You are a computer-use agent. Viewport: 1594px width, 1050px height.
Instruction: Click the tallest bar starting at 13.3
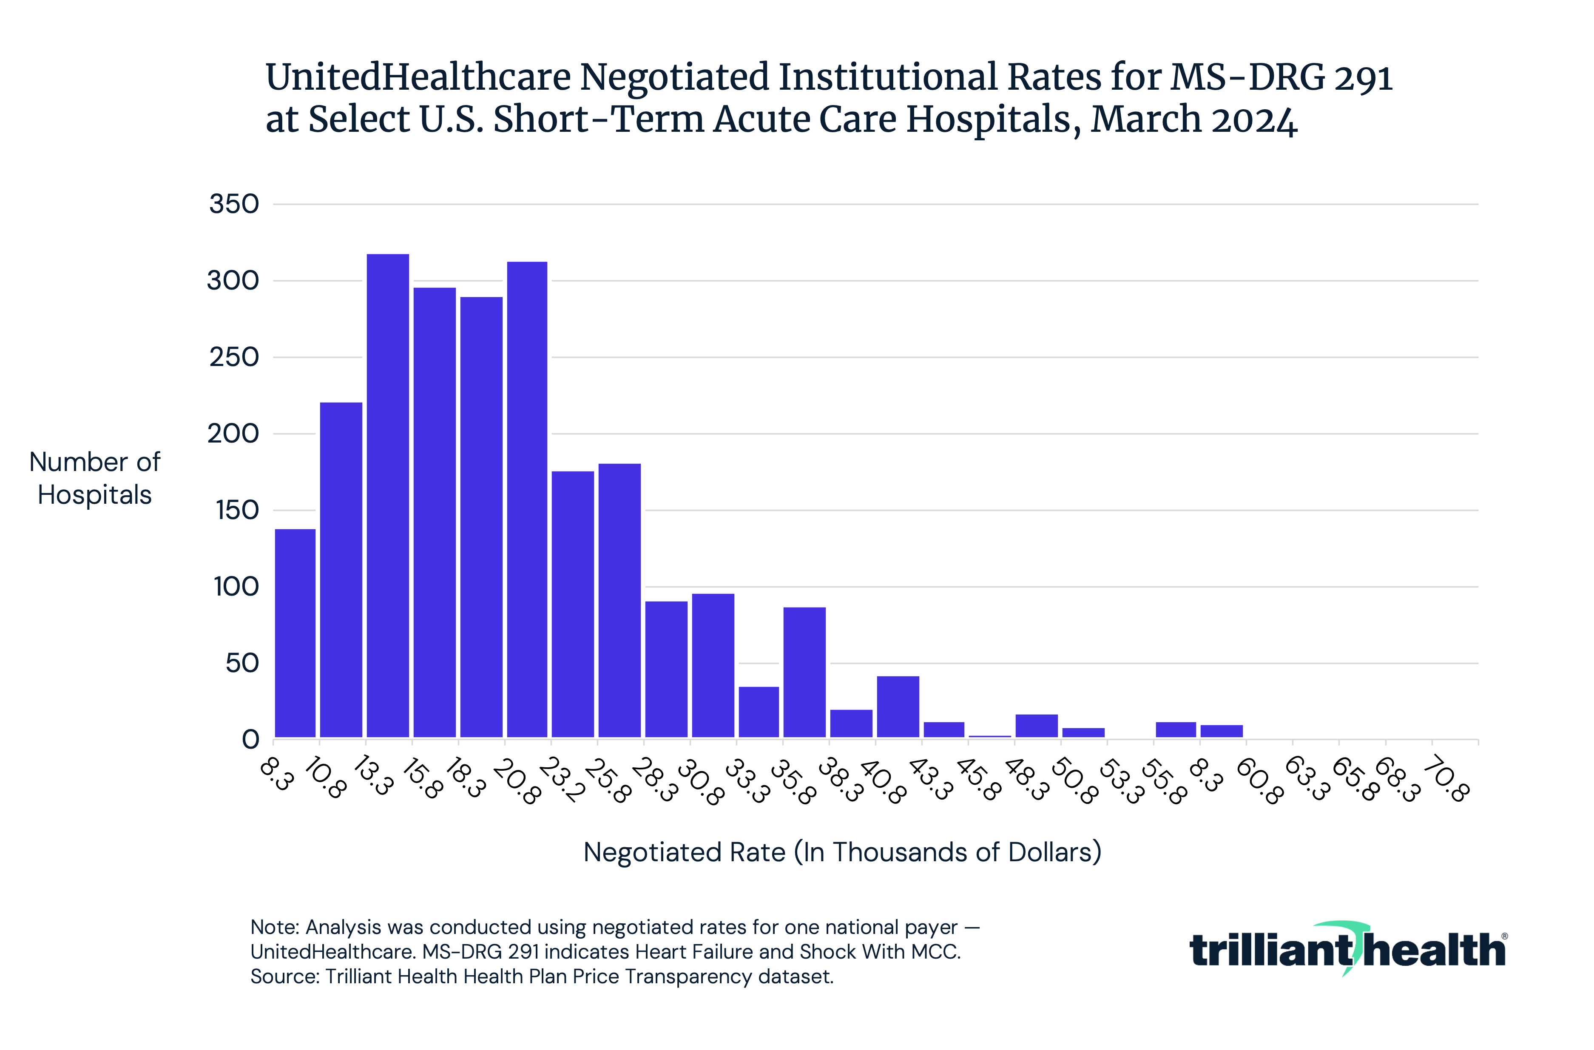388,496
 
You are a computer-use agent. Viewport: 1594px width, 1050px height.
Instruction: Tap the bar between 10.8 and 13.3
341,569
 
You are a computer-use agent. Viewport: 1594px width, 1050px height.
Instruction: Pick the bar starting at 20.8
527,499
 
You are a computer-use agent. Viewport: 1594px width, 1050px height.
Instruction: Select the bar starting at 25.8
619,600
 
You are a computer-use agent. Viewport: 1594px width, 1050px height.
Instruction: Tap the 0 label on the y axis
250,740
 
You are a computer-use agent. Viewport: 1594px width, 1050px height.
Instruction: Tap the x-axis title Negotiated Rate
842,852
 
